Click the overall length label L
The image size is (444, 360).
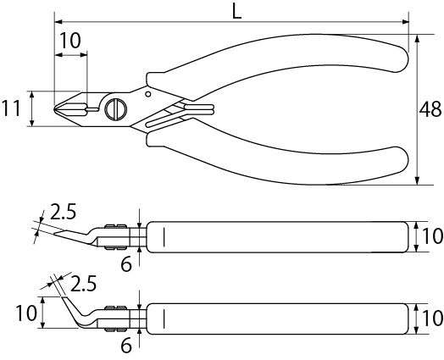click(236, 12)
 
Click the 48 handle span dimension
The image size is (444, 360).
click(430, 109)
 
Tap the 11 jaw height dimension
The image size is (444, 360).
click(12, 108)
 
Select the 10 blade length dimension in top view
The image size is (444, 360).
click(70, 41)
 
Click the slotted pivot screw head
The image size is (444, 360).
click(116, 109)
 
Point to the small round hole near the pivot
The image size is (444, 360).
click(148, 94)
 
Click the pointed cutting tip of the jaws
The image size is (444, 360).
click(54, 108)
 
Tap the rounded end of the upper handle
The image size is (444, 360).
click(400, 58)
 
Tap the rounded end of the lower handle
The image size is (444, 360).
click(400, 160)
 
